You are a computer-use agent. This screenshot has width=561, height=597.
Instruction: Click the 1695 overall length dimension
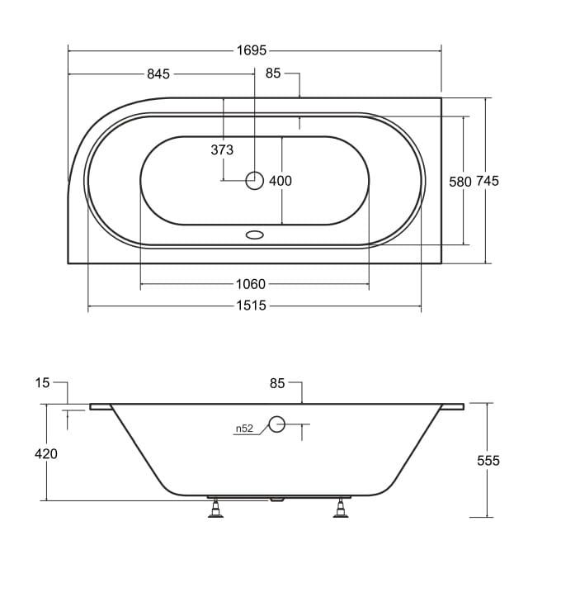(x=252, y=50)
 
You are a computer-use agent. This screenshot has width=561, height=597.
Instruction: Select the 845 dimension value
(x=158, y=73)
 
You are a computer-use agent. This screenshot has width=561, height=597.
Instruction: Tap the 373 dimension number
(x=222, y=150)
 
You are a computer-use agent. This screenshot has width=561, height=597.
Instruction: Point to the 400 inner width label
(x=280, y=181)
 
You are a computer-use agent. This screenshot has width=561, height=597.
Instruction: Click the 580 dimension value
(x=460, y=182)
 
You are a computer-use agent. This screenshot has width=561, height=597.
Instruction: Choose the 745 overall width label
(x=488, y=181)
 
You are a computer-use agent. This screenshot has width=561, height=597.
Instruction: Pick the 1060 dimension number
(x=251, y=284)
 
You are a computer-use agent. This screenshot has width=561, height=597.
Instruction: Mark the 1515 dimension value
(x=252, y=306)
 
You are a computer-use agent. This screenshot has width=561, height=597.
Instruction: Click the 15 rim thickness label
(x=42, y=382)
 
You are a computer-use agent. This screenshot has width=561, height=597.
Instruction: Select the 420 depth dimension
(x=46, y=454)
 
